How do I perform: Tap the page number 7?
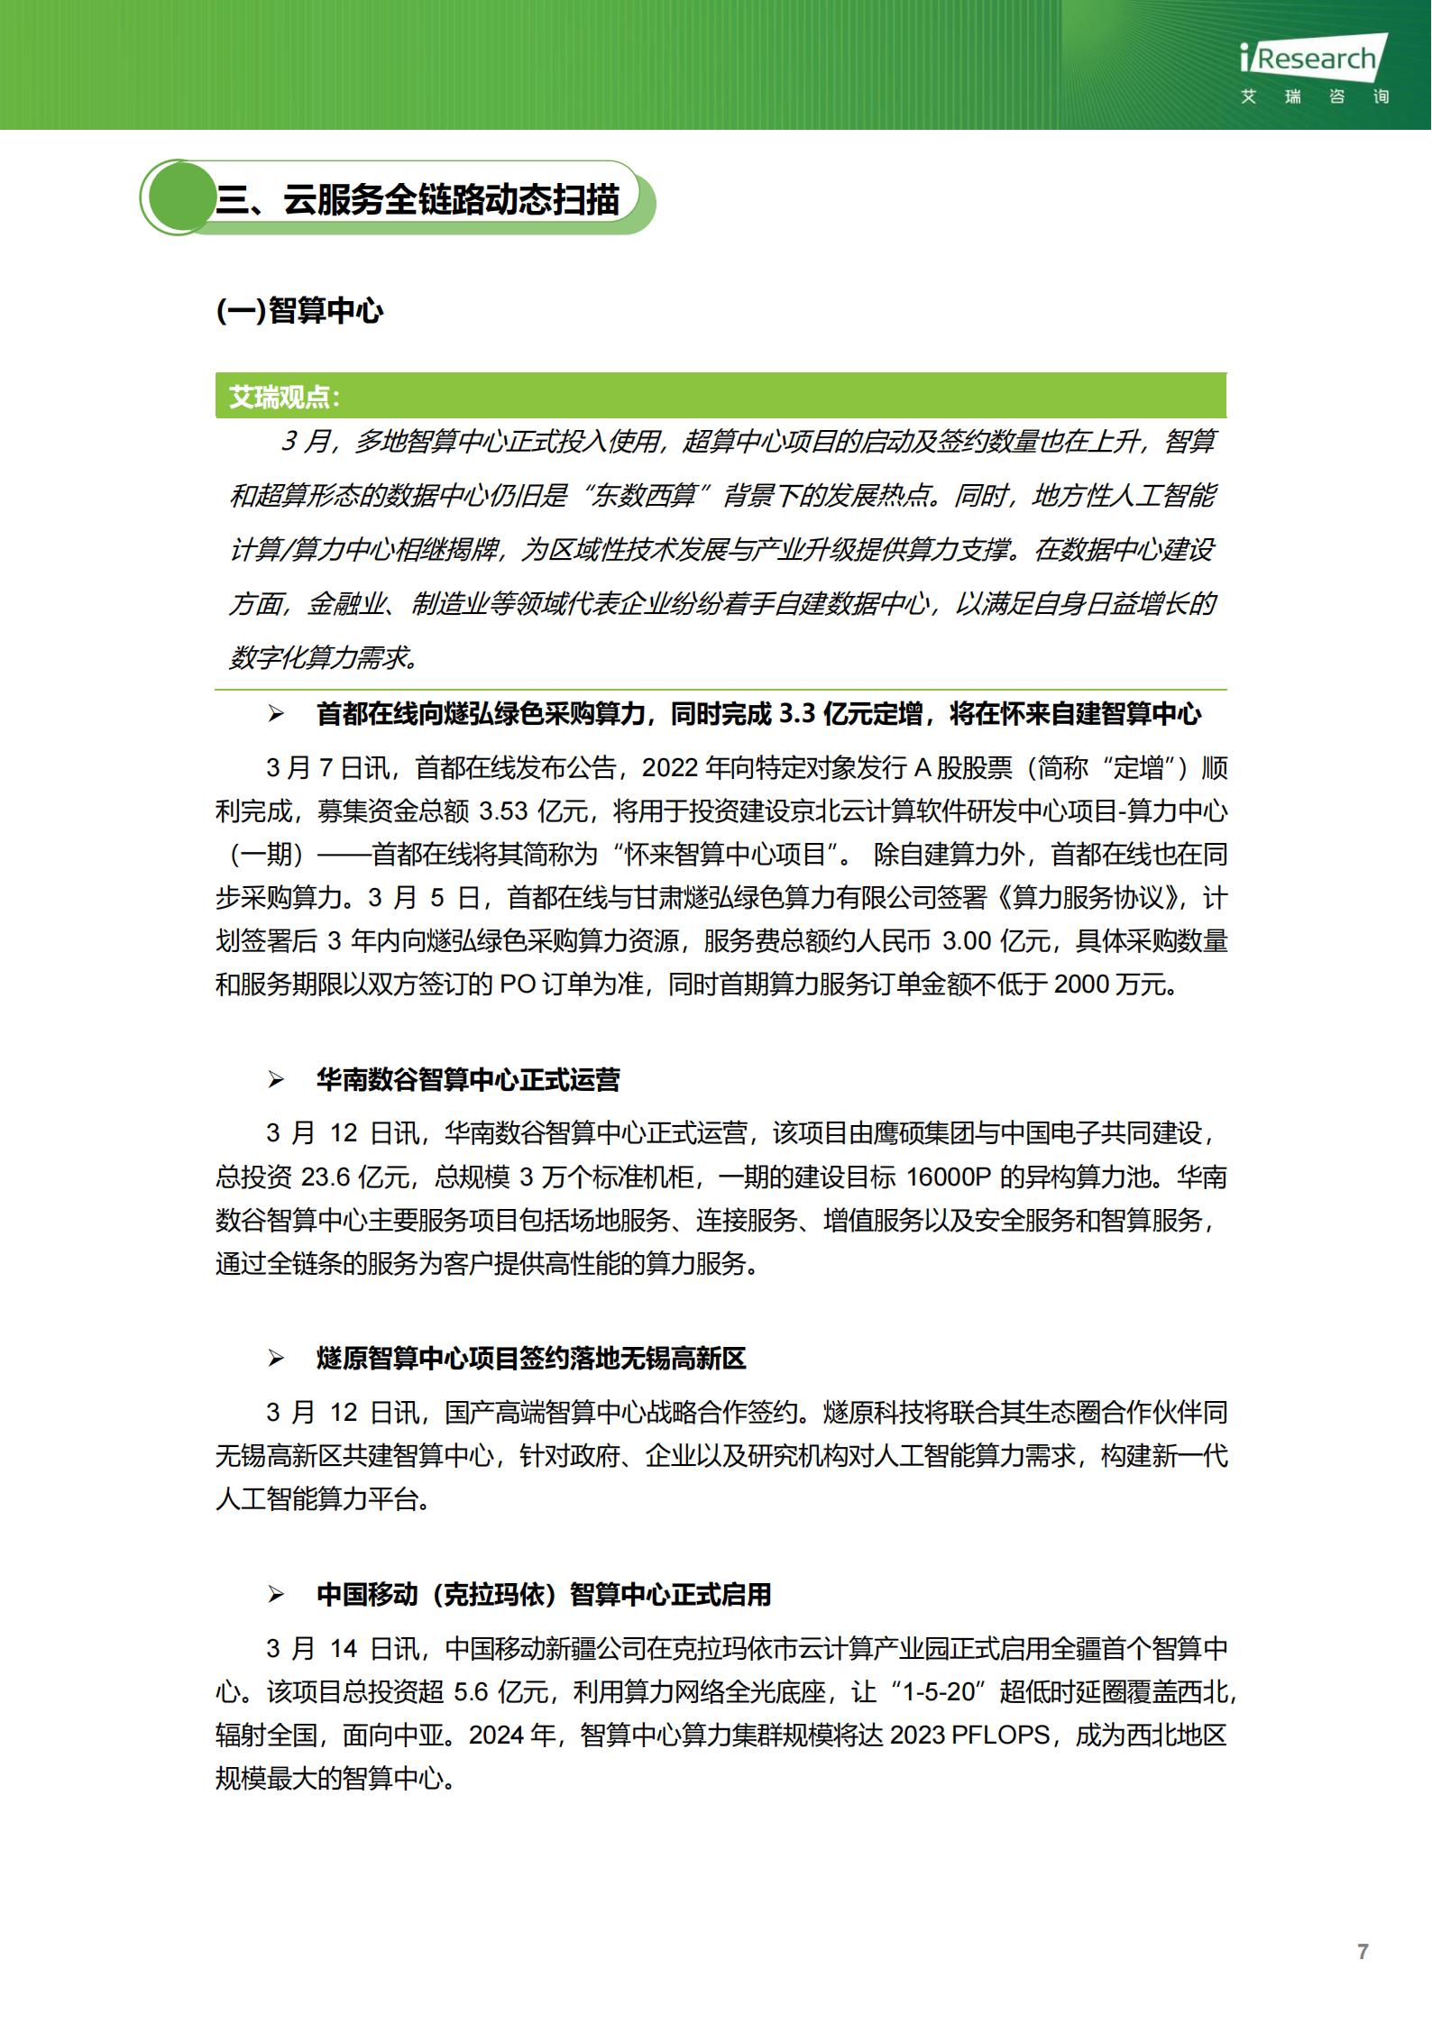point(1363,1952)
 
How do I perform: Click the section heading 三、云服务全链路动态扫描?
point(417,199)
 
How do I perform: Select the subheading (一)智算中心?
point(299,311)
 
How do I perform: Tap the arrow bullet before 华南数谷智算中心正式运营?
point(276,1080)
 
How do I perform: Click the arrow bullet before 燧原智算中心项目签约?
point(276,1359)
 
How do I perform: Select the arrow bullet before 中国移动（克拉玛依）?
point(276,1595)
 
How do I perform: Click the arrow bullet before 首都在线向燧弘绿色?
point(276,715)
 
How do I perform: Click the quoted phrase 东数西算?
point(650,496)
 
